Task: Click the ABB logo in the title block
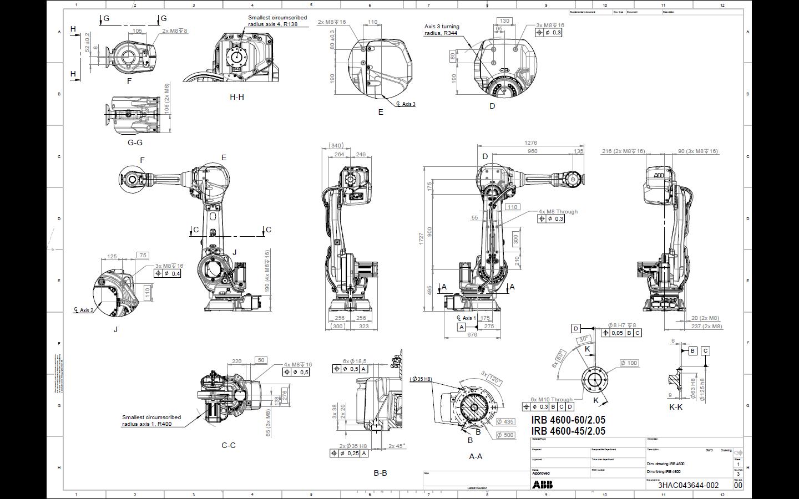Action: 542,485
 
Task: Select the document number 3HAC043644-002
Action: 688,485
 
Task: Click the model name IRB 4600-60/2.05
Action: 568,420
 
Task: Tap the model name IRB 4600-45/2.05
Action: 568,431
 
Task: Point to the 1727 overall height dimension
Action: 422,238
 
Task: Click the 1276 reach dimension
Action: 530,143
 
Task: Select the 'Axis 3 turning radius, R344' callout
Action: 442,29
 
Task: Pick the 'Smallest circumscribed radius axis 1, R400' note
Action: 151,421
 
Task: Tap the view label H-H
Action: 237,97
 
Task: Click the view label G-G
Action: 135,142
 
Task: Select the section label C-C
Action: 229,445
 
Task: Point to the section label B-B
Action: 380,473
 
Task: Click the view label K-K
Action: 676,407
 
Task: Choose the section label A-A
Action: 476,456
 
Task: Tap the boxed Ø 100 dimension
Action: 629,363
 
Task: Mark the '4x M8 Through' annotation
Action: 558,211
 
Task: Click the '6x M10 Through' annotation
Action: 551,399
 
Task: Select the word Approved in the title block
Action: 541,473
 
